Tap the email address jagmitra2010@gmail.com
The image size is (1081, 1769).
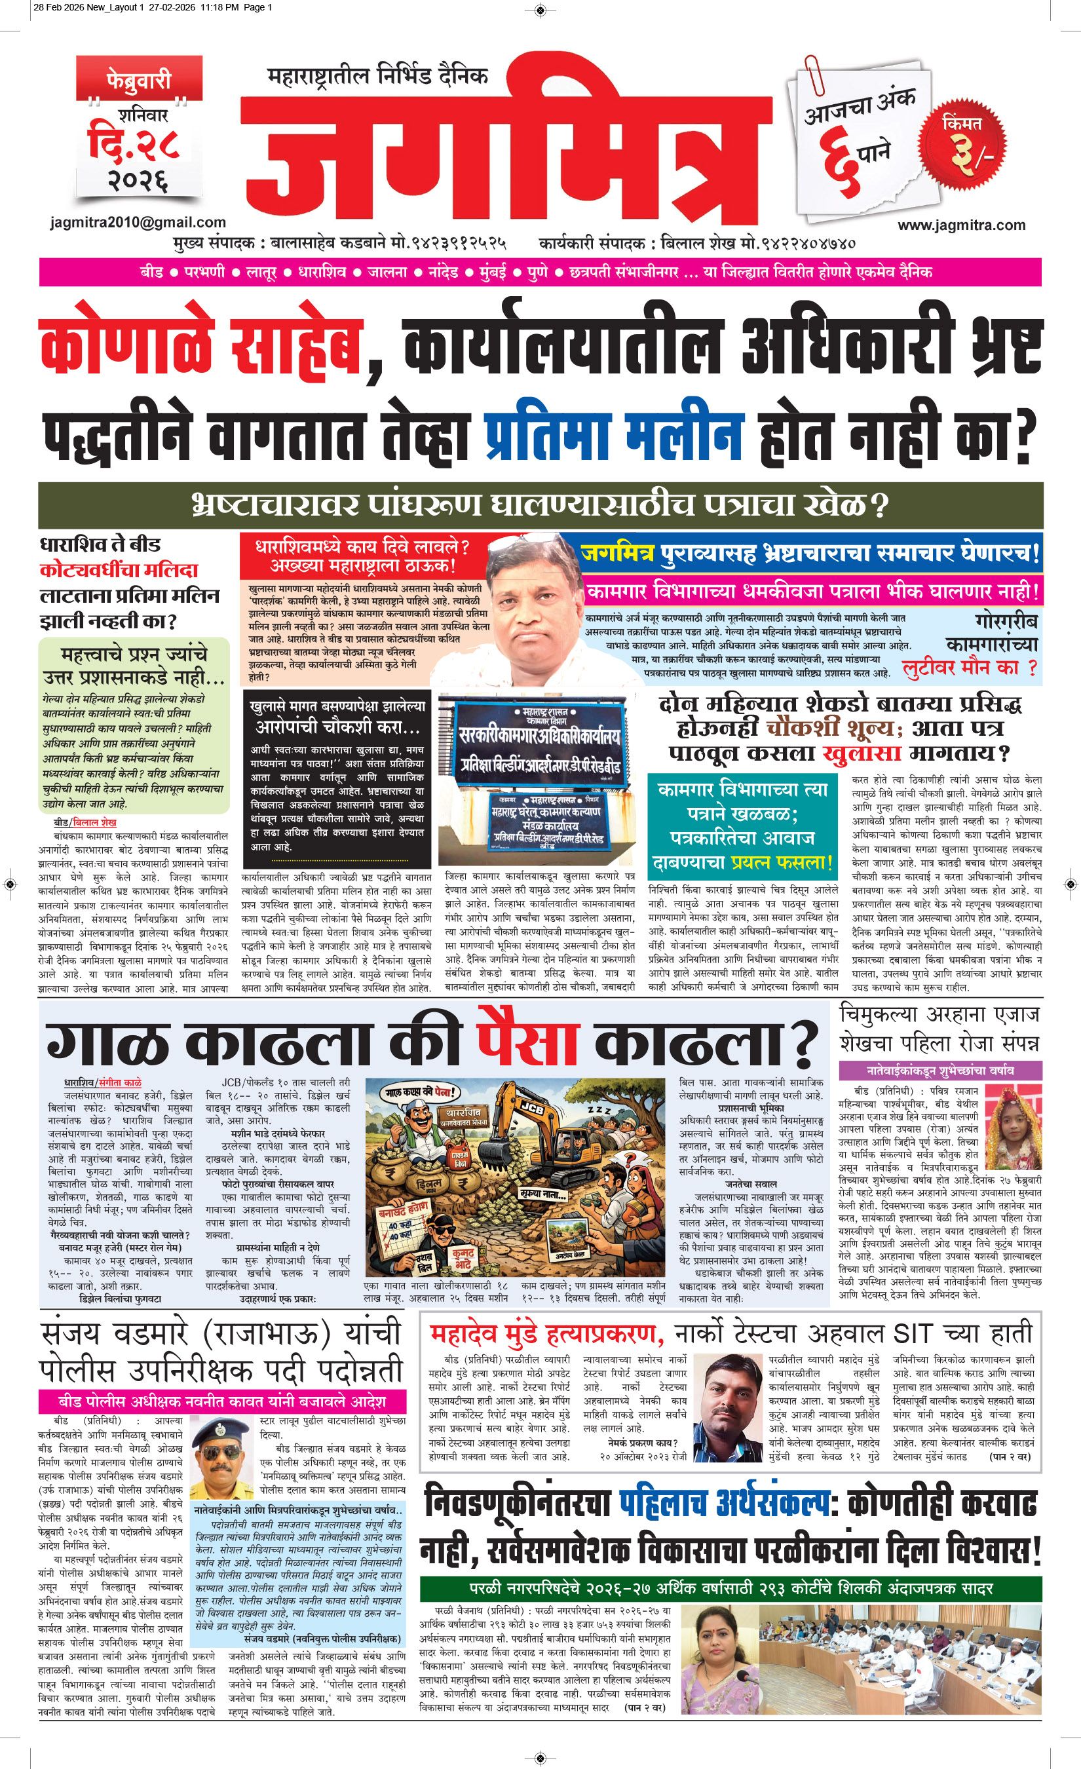[138, 223]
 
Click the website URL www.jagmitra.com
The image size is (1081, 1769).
[961, 225]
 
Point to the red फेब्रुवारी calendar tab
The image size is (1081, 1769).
[138, 78]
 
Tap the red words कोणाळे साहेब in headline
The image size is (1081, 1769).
[200, 350]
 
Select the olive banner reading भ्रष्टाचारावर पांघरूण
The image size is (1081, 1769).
[540, 504]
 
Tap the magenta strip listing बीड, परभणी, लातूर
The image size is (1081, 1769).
[540, 273]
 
